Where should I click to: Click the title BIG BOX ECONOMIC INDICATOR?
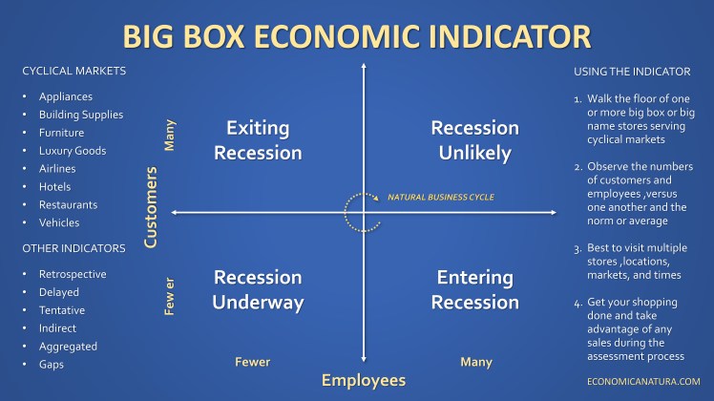click(x=356, y=36)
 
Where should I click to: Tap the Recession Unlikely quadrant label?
click(x=474, y=140)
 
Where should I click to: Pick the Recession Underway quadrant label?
click(x=258, y=290)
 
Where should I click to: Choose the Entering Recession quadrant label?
click(x=474, y=290)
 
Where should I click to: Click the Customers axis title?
click(x=150, y=207)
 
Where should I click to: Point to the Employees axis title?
click(x=363, y=381)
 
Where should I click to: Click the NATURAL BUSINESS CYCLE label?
click(x=440, y=198)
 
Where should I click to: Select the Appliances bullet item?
click(x=66, y=96)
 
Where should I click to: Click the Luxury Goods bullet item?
click(x=72, y=151)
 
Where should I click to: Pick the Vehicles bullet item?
click(x=58, y=223)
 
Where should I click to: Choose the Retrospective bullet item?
click(x=73, y=274)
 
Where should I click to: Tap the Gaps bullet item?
click(x=52, y=365)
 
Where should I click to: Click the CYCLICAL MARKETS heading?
click(x=73, y=71)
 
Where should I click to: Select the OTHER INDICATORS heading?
click(x=73, y=248)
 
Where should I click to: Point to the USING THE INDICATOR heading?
click(x=632, y=72)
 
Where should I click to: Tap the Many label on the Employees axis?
click(x=475, y=362)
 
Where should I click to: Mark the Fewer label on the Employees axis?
click(x=253, y=362)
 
